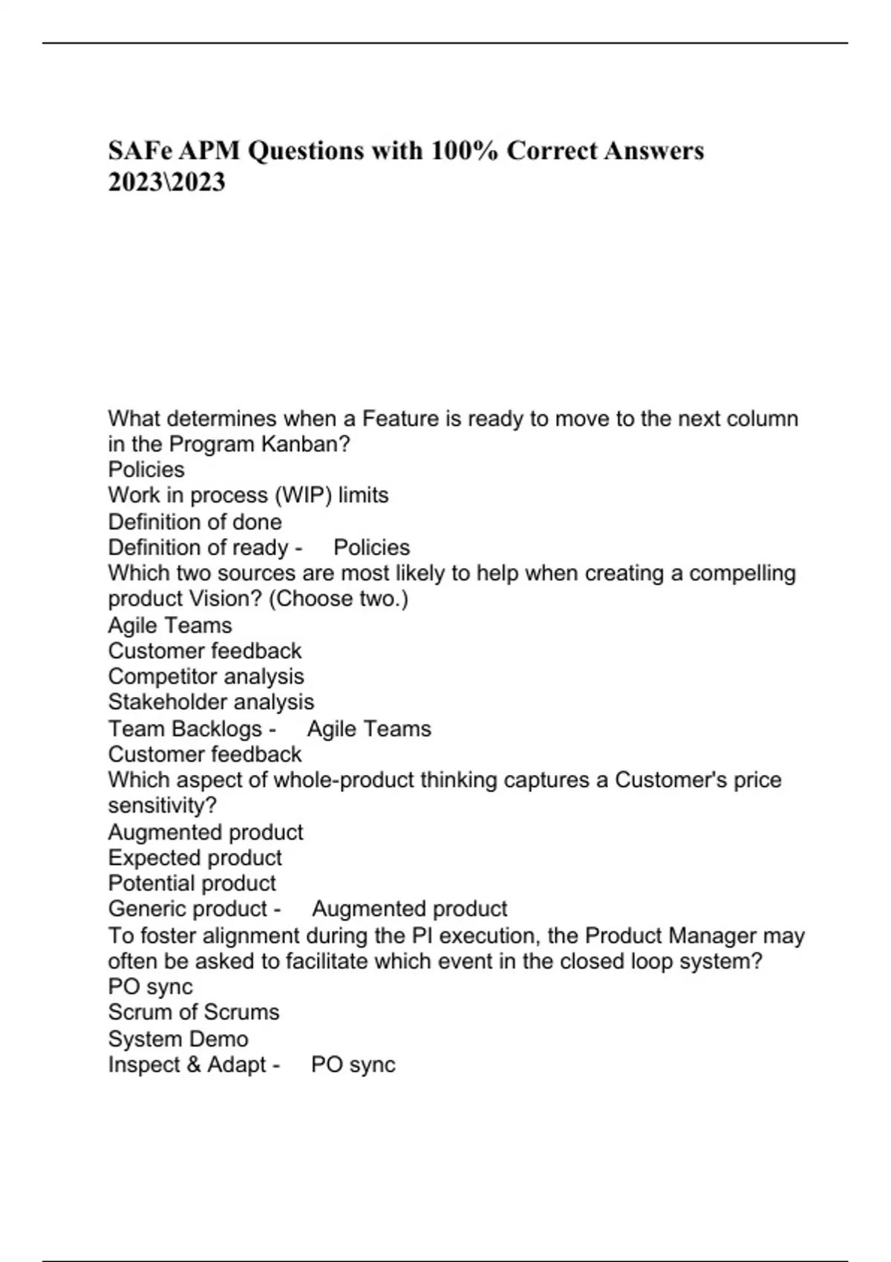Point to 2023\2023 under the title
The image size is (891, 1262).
(x=166, y=183)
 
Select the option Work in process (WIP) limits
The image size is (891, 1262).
(x=248, y=495)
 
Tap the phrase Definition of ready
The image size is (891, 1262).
(x=198, y=547)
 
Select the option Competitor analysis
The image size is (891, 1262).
(x=206, y=676)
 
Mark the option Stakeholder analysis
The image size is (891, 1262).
(x=211, y=702)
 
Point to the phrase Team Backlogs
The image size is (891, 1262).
(x=185, y=728)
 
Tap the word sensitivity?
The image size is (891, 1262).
(x=162, y=805)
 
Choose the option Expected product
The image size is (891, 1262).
(x=195, y=857)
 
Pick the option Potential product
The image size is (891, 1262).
(x=192, y=883)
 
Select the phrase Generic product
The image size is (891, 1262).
(x=187, y=909)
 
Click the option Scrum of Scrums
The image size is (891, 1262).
(x=193, y=1012)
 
